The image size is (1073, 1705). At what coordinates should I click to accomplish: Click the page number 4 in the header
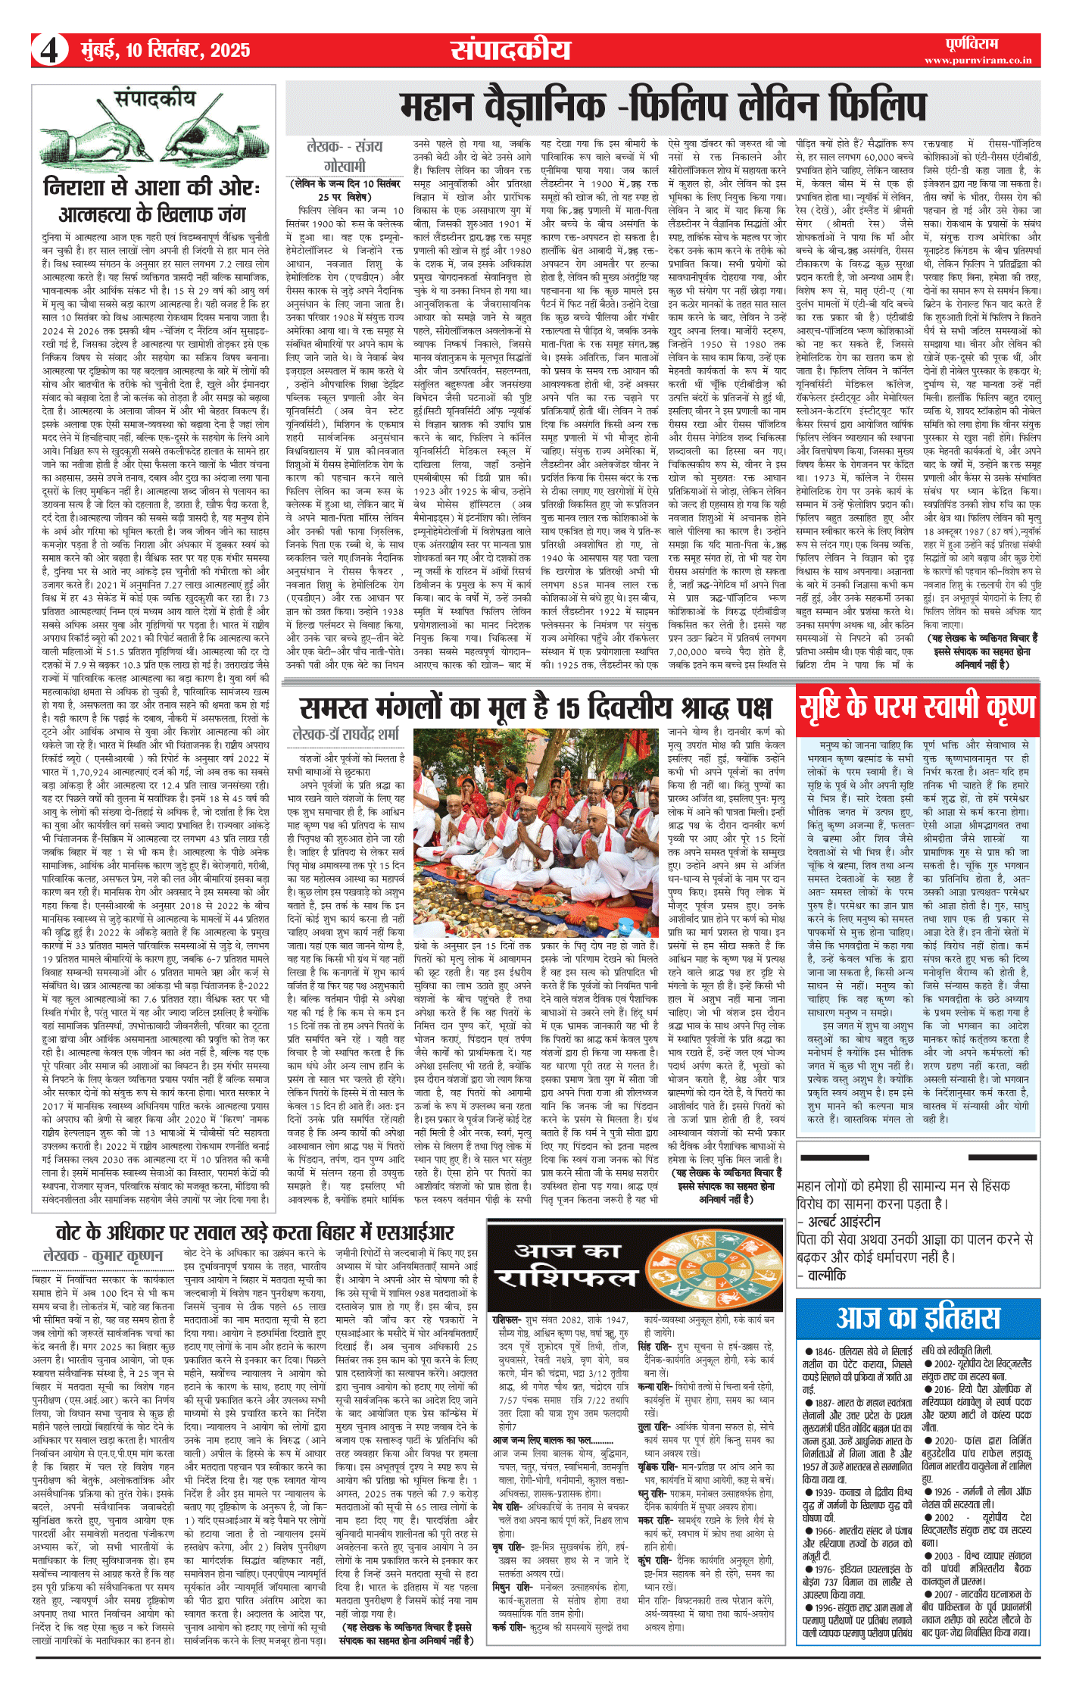[x=49, y=51]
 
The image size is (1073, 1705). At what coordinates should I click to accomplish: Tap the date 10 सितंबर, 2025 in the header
[x=165, y=51]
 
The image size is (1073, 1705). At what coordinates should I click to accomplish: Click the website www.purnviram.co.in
[x=978, y=61]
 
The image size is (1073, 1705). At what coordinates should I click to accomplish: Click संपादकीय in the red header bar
[x=511, y=50]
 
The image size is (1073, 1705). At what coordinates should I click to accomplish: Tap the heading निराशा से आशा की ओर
[x=151, y=187]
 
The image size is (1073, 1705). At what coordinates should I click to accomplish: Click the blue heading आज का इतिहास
[x=918, y=1319]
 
